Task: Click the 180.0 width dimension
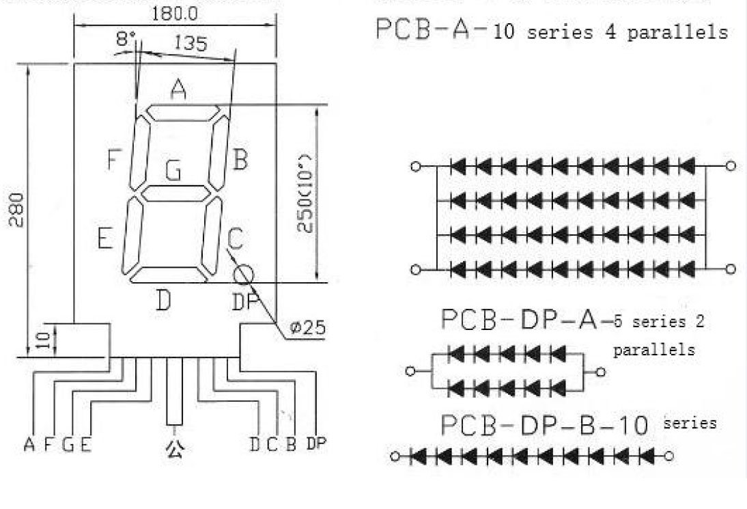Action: tap(175, 13)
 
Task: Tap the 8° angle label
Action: tap(126, 40)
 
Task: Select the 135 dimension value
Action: tap(191, 44)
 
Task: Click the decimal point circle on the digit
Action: tap(243, 275)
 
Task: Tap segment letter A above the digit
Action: tap(178, 89)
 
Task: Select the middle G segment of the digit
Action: tap(175, 193)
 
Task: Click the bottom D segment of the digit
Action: tap(168, 274)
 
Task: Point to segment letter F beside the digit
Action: tap(114, 160)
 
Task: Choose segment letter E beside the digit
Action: tap(104, 238)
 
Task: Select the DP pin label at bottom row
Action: tap(317, 444)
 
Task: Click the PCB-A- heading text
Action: tap(432, 30)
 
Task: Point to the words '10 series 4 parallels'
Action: tap(610, 32)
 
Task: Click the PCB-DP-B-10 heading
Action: tap(544, 425)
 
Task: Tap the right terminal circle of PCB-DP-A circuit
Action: tap(600, 372)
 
